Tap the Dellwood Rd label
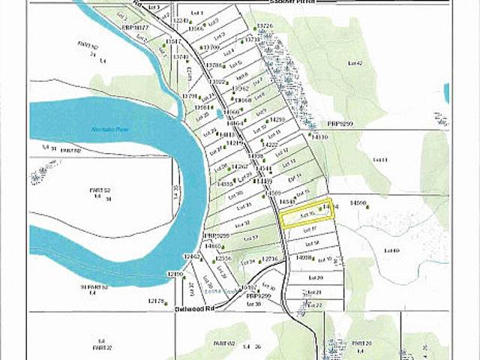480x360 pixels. (190, 307)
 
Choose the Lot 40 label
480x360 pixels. (391, 250)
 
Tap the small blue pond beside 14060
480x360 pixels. (219, 115)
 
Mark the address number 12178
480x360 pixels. (157, 301)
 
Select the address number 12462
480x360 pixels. (193, 256)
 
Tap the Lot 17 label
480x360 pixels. (315, 229)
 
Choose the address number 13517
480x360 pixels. (174, 42)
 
